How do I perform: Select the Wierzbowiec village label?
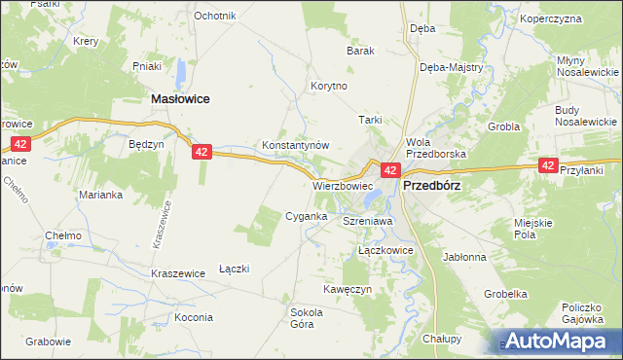point(343,185)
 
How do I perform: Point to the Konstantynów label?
point(296,145)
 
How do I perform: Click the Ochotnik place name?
point(215,17)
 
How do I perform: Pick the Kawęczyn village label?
point(348,290)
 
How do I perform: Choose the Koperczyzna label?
point(577,18)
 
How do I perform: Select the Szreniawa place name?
point(367,222)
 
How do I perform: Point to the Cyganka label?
point(305,216)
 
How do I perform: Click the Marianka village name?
point(100,194)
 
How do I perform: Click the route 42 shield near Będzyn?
point(202,152)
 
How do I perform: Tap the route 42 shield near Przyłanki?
point(548,166)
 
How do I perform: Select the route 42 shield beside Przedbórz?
point(389,170)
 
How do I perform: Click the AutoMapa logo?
point(559,342)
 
